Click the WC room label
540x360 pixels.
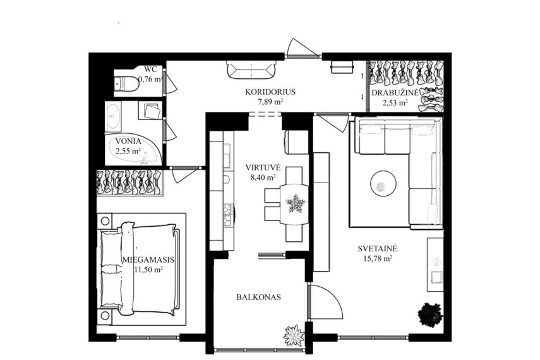click(151, 69)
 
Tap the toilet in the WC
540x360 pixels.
click(126, 83)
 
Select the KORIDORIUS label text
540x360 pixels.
click(270, 92)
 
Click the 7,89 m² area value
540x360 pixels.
click(270, 102)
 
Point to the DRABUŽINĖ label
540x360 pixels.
click(395, 93)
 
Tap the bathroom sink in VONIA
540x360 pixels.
click(113, 116)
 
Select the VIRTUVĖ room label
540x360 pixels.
click(263, 168)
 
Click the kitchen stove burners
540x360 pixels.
click(229, 213)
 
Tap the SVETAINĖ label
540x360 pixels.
click(378, 248)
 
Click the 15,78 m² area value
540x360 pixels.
click(378, 258)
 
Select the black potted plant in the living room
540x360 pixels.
click(430, 314)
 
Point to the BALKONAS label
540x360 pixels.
click(258, 297)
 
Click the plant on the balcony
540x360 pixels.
click(294, 335)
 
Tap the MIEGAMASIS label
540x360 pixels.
click(148, 260)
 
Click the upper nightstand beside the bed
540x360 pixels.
click(105, 221)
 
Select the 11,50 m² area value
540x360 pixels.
click(148, 270)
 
